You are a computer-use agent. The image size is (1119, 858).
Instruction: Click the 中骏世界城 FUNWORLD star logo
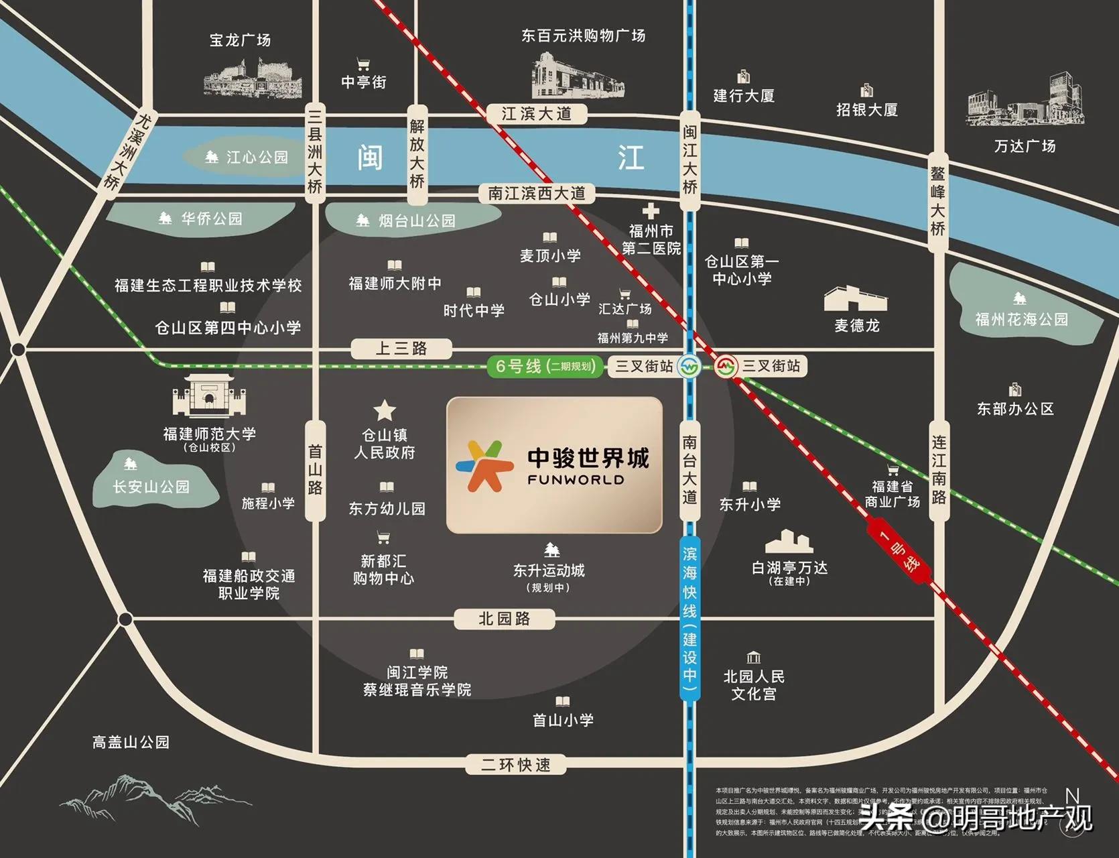[x=480, y=466]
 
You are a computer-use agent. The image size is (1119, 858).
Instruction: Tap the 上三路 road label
[x=401, y=349]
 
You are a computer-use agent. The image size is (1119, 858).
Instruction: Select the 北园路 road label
[x=504, y=619]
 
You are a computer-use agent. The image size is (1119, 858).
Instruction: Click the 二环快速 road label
[x=516, y=765]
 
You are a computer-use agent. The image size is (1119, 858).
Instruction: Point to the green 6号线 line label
[x=544, y=367]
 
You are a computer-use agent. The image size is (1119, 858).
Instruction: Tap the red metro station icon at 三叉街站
[x=725, y=367]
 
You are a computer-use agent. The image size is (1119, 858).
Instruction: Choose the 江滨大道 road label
[x=536, y=114]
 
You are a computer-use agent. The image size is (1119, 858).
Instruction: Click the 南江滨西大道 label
[x=536, y=194]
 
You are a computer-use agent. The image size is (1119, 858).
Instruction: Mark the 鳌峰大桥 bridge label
[x=937, y=201]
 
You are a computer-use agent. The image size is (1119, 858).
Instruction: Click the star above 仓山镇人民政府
[x=385, y=410]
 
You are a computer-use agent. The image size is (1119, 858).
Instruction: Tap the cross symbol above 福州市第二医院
[x=651, y=212]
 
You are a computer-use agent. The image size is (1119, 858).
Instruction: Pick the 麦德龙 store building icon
[x=856, y=299]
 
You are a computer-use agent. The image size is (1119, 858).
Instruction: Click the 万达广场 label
[x=1025, y=146]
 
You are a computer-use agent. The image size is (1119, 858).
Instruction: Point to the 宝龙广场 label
[x=240, y=40]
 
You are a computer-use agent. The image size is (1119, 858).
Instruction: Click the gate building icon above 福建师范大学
[x=209, y=395]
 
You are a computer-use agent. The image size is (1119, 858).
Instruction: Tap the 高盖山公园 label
[x=131, y=742]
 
